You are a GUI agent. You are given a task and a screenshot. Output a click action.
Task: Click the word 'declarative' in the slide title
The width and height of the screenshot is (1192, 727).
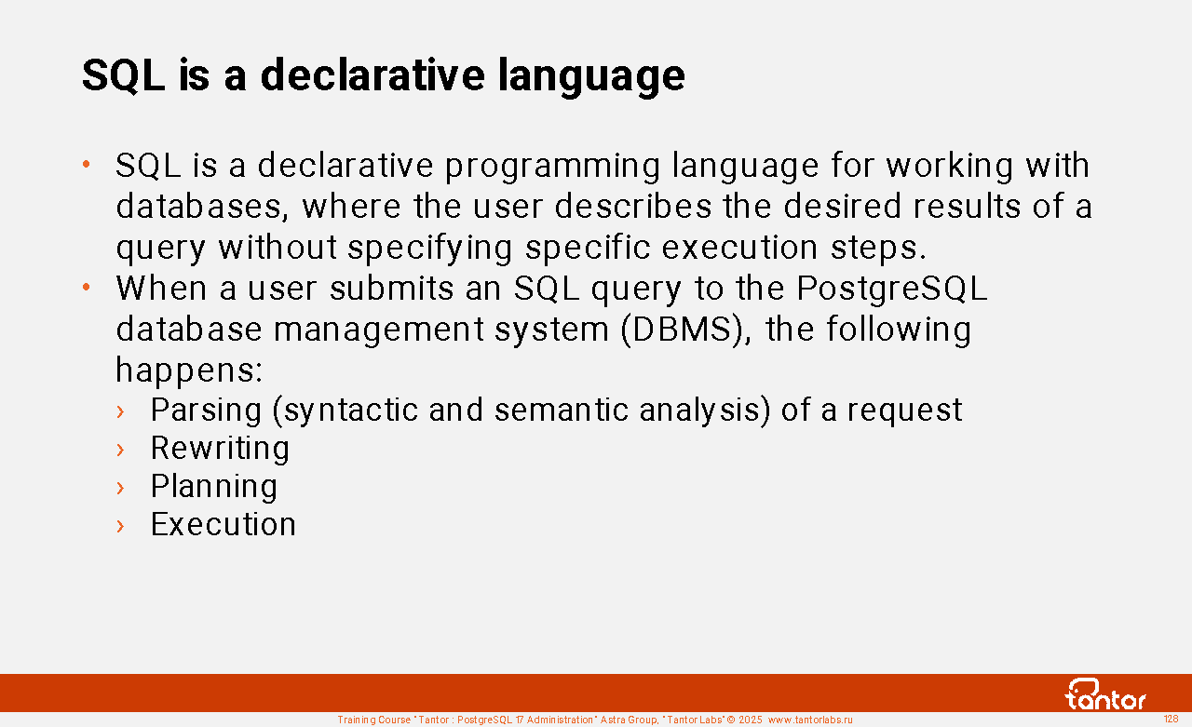click(x=372, y=75)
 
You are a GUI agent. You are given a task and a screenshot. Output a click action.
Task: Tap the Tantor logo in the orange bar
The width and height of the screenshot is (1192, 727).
click(x=1105, y=694)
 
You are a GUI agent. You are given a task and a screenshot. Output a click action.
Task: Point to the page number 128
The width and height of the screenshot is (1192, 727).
click(x=1172, y=719)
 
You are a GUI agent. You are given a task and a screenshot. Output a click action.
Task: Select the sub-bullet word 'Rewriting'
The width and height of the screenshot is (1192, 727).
click(x=220, y=449)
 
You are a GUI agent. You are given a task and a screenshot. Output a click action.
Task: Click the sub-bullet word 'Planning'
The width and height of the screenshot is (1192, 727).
click(x=214, y=487)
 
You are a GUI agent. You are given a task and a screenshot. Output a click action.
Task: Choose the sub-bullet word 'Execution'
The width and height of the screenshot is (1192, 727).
click(x=223, y=524)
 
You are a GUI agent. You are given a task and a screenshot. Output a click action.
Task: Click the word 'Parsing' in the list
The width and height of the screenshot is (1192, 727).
click(x=206, y=411)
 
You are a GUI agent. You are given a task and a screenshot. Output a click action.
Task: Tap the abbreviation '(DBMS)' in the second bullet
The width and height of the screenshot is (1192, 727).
click(x=686, y=330)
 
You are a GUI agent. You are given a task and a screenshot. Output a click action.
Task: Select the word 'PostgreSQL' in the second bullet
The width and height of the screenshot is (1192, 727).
click(x=892, y=289)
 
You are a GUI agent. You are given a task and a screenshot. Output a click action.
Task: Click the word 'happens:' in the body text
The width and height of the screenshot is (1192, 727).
click(x=189, y=370)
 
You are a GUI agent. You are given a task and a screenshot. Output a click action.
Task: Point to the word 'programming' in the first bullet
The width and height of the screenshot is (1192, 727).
click(x=552, y=166)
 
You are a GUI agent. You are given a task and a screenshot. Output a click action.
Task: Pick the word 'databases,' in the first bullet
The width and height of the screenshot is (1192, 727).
click(x=202, y=207)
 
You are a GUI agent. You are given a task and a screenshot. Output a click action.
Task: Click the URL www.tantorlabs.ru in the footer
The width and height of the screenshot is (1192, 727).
click(x=810, y=720)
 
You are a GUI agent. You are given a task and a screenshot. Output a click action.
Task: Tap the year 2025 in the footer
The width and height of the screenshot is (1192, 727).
click(x=750, y=720)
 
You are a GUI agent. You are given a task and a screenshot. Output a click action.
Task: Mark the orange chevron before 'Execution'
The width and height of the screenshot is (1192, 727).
click(x=120, y=526)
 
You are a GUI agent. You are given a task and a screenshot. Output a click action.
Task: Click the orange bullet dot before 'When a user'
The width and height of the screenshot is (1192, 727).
click(x=87, y=288)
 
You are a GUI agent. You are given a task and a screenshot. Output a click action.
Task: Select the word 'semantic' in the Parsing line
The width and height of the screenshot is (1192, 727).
click(x=562, y=411)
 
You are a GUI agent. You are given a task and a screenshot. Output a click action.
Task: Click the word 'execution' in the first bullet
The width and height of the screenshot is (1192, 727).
click(x=739, y=248)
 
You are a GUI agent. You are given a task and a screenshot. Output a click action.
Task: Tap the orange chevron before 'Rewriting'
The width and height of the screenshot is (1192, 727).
click(x=120, y=450)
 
